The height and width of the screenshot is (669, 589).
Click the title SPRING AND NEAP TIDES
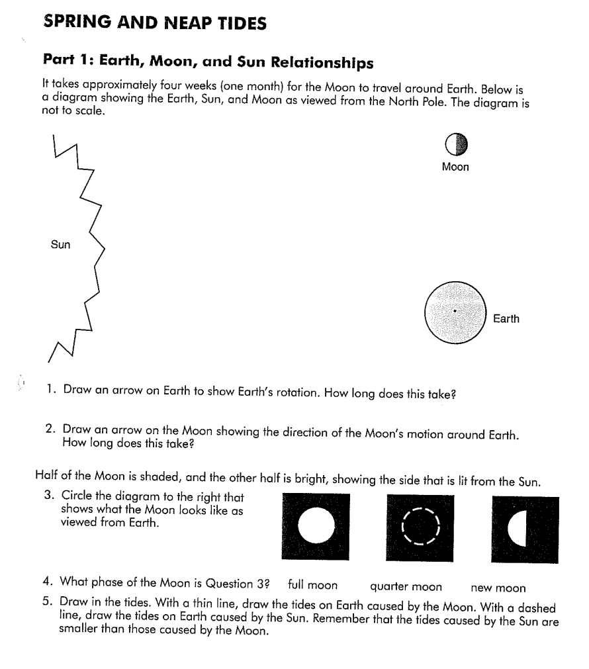(155, 23)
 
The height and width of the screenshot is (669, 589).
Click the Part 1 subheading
(208, 63)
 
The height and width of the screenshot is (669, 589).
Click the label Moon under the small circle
(455, 167)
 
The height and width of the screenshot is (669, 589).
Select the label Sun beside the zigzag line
(60, 245)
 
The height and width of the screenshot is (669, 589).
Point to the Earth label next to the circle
(506, 319)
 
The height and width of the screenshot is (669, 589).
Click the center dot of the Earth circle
(455, 311)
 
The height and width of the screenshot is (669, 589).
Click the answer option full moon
(313, 586)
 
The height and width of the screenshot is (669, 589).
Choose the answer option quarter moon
(406, 587)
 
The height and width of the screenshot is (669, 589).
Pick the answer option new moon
(498, 587)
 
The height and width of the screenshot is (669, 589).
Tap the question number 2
(50, 430)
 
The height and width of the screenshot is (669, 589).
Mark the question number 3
(49, 496)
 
